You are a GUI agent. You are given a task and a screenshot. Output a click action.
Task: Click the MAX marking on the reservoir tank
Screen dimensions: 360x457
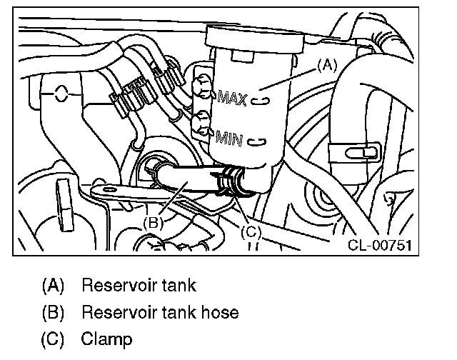point(232,98)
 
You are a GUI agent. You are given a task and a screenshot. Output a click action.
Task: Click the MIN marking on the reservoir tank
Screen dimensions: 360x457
point(230,137)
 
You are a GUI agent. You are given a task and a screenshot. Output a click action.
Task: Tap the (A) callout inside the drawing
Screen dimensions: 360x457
point(326,65)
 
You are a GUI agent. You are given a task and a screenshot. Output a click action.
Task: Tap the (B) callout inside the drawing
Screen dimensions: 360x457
point(154,222)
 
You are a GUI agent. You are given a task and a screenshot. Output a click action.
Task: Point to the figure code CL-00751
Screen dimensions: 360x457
point(382,246)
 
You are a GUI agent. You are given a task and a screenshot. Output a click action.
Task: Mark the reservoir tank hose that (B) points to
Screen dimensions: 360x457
point(182,182)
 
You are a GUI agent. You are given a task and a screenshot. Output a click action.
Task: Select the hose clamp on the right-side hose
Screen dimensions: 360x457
point(354,151)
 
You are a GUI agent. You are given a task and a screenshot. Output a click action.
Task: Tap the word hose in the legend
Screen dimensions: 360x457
point(219,312)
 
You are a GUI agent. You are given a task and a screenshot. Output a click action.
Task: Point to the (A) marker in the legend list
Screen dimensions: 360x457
point(53,286)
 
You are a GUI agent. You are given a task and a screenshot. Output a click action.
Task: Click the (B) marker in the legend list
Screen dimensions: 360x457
point(53,312)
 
